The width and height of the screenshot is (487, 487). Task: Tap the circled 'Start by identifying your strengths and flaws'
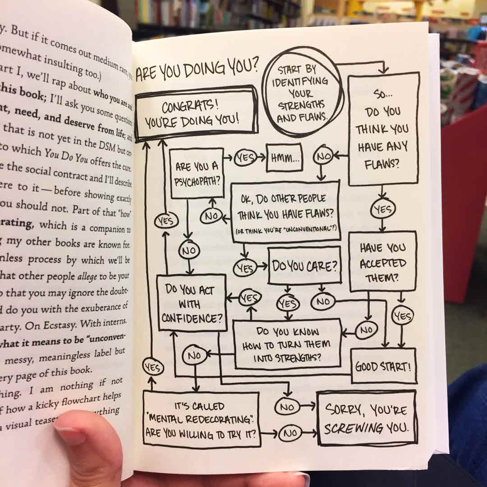click(303, 95)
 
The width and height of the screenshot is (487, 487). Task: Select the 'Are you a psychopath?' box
click(198, 173)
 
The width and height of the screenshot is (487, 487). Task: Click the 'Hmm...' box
click(284, 158)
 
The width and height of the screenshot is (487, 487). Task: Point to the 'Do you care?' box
click(304, 266)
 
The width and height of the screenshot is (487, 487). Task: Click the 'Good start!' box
click(383, 366)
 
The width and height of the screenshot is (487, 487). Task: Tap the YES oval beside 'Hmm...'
click(245, 158)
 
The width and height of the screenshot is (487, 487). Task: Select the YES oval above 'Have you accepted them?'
click(382, 209)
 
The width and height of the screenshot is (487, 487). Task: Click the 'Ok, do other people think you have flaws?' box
click(285, 212)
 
